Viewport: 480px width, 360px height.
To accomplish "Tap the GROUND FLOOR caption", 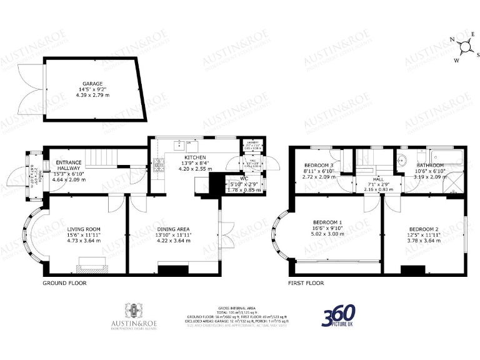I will click(x=64, y=283).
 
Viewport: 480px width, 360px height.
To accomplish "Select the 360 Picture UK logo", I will click(x=338, y=316).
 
